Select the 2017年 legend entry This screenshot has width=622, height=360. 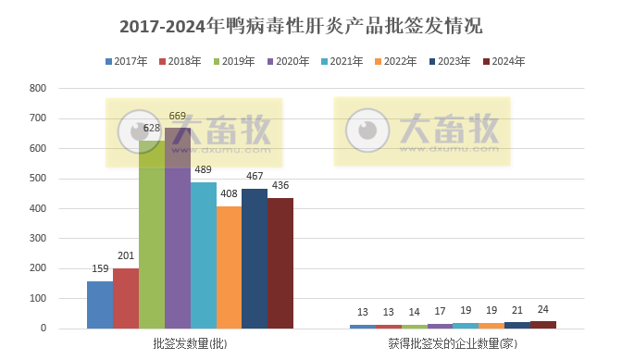126,61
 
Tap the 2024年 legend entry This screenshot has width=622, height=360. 504,61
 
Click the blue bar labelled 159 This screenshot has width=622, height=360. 100,304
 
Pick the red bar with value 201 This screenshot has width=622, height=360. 126,298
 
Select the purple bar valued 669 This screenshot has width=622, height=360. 178,229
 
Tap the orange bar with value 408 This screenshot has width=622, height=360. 229,267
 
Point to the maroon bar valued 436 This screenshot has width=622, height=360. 280,263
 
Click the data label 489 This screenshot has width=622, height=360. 203,170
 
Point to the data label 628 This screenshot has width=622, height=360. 152,128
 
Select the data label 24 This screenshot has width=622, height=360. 543,309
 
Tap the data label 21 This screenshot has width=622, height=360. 517,310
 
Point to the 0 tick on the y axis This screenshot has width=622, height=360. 43,329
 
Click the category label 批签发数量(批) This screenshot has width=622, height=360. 190,344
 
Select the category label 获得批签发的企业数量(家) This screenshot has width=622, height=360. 453,344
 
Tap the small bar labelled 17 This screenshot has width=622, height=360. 441,326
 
